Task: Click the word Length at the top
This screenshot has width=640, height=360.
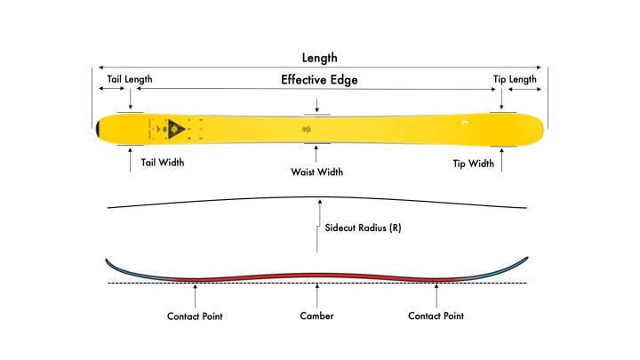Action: (x=320, y=58)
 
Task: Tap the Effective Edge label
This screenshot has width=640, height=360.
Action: (x=319, y=80)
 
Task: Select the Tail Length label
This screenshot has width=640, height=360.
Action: (x=130, y=79)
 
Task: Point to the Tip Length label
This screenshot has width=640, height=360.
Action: (x=516, y=79)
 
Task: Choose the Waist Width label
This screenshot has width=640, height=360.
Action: (x=317, y=172)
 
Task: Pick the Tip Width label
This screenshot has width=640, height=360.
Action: (x=474, y=163)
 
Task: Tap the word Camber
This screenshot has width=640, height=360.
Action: (x=316, y=316)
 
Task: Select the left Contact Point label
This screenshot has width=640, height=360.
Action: (x=196, y=316)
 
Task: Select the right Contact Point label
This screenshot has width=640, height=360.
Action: (x=436, y=316)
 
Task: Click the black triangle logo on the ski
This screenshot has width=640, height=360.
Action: (x=176, y=127)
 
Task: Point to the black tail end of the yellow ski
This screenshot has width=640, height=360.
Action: (x=98, y=128)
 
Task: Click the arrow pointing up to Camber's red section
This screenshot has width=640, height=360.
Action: (x=317, y=293)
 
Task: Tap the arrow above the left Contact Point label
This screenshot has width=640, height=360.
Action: (x=196, y=293)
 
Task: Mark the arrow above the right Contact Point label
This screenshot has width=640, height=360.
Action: (x=436, y=293)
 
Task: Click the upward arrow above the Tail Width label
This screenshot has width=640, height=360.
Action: (x=131, y=160)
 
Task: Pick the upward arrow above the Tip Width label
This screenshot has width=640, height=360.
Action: (x=502, y=160)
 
